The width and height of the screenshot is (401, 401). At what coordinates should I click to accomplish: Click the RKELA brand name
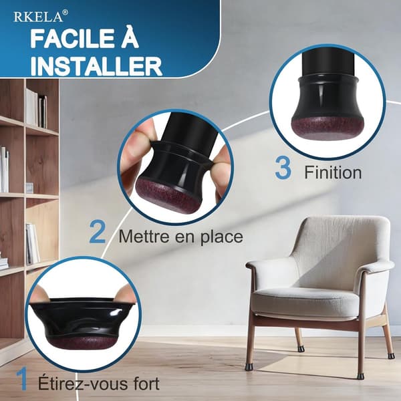(38, 17)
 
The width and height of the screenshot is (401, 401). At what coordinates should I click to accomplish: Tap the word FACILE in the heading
(73, 39)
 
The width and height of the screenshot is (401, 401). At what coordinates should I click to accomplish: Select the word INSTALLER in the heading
(96, 66)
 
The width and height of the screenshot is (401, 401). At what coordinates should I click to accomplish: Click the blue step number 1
(23, 378)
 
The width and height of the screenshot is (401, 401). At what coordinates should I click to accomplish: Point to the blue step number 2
(98, 233)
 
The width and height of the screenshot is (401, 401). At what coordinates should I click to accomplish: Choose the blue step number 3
(283, 168)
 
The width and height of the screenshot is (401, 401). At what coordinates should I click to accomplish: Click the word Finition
(333, 172)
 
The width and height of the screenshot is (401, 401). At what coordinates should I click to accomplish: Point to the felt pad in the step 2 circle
(168, 197)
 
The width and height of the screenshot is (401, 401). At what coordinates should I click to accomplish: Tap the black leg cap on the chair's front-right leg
(361, 375)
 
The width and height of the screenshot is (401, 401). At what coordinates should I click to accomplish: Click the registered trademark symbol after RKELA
(65, 12)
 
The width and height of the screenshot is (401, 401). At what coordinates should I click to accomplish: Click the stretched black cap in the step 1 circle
(82, 319)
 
